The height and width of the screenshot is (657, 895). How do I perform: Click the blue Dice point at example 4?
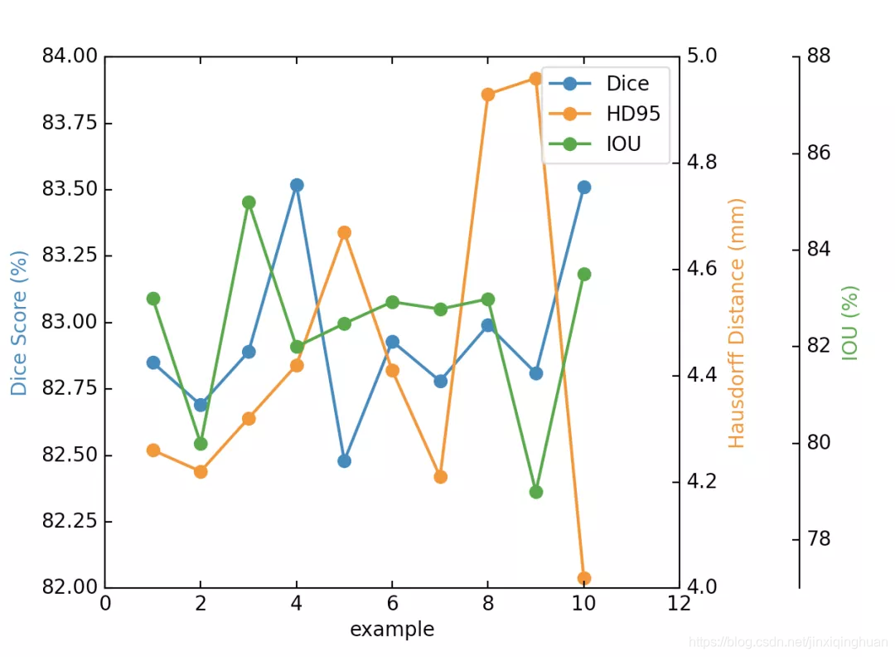[296, 185]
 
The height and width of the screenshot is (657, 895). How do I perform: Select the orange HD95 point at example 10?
[584, 578]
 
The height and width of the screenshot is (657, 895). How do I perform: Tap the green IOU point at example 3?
[249, 202]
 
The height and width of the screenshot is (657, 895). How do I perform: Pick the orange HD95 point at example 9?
[535, 78]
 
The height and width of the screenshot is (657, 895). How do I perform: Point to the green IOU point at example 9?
[535, 492]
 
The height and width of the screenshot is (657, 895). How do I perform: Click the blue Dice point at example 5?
[344, 461]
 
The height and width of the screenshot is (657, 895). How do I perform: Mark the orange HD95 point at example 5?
[344, 232]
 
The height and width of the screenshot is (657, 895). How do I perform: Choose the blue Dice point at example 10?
[584, 187]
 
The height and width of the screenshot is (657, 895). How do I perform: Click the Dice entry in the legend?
[627, 84]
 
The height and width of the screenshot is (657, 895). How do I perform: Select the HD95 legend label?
[633, 114]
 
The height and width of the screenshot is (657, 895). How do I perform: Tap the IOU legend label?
[623, 144]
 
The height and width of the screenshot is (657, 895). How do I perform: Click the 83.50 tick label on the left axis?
[70, 188]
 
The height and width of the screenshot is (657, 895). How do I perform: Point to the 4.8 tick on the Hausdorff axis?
[702, 163]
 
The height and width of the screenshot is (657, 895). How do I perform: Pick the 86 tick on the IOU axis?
[819, 153]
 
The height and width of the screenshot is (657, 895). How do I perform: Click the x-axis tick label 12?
[679, 603]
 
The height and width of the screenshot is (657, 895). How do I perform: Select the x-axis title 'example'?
[392, 629]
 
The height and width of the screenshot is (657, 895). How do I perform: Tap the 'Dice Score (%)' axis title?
[19, 323]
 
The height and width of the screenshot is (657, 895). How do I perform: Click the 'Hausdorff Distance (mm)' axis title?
[737, 324]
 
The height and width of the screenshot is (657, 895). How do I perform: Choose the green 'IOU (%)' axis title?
[850, 323]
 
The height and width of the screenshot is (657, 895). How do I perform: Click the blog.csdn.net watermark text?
[788, 642]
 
